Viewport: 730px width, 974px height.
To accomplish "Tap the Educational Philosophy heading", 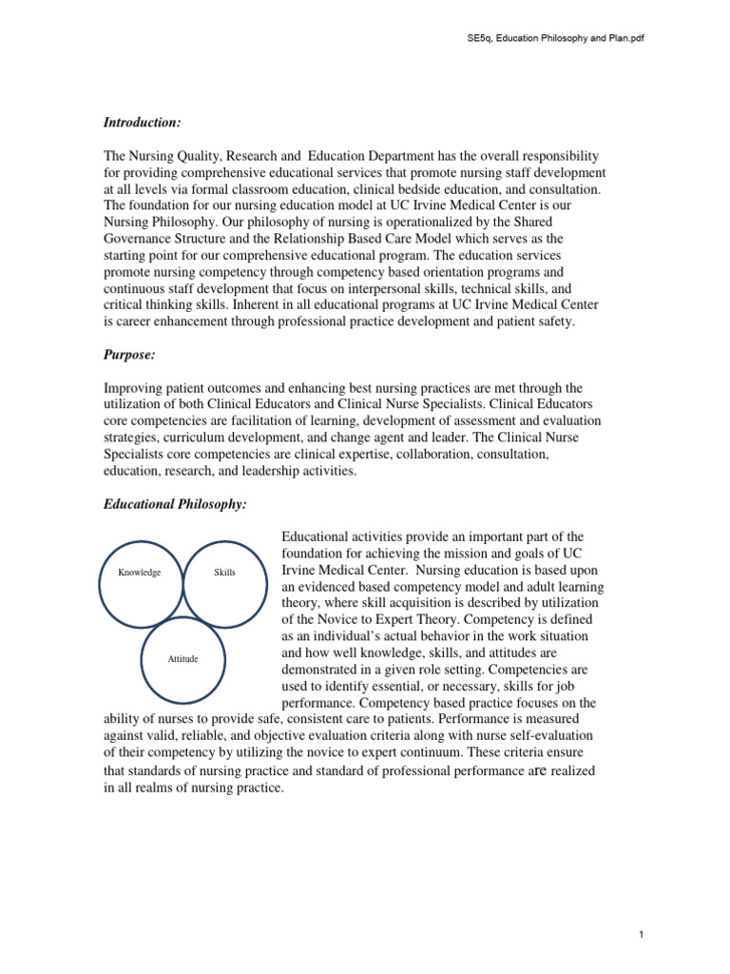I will click(175, 504).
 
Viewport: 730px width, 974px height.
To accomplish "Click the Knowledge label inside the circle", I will click(139, 573).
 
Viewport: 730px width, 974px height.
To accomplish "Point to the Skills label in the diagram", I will click(225, 573).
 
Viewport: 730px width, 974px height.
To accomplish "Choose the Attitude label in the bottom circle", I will click(182, 659).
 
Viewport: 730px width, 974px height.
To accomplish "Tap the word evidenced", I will click(331, 589).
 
